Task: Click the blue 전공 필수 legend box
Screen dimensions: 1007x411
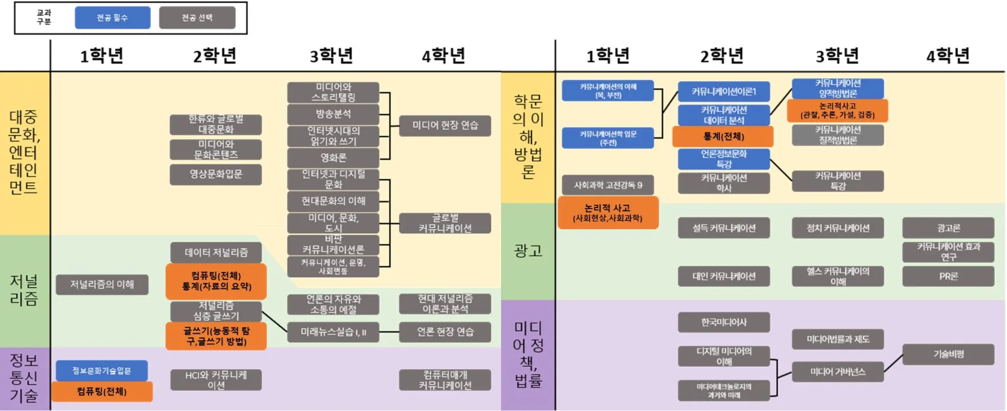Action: coord(112,18)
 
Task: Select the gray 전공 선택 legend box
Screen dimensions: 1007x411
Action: coord(197,18)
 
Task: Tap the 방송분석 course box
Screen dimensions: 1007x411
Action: coord(333,114)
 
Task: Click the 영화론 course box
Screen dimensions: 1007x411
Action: coord(333,158)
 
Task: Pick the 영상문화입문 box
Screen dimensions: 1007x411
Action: coord(215,175)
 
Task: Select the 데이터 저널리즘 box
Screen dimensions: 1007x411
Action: coord(215,252)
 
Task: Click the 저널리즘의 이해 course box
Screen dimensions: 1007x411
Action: coord(101,285)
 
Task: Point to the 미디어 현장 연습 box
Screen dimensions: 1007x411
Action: coord(445,126)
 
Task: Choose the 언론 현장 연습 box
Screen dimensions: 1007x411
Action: coord(445,332)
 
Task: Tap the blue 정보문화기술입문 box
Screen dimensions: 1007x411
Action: coord(101,371)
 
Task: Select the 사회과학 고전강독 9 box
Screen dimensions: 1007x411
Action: coord(608,185)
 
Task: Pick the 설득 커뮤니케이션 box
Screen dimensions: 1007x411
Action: coord(723,228)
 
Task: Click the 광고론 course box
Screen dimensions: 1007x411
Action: coord(948,228)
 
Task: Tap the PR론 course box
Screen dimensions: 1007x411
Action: coord(948,276)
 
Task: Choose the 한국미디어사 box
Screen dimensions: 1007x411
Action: coord(723,323)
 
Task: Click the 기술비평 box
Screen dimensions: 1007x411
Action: coord(948,354)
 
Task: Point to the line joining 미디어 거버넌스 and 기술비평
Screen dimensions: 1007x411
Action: coord(893,363)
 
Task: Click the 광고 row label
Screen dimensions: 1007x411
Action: coord(528,251)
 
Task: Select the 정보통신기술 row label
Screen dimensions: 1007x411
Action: coord(24,378)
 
